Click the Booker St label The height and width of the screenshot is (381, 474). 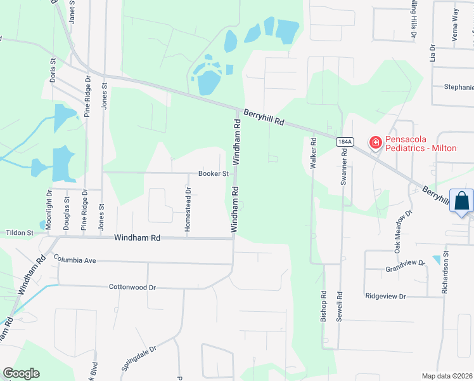(213, 173)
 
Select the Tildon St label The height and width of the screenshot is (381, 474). (20, 233)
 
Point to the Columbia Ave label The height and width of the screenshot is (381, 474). (74, 260)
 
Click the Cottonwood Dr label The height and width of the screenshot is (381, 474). (132, 287)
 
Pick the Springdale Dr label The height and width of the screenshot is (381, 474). (139, 358)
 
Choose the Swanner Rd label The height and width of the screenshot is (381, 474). (344, 167)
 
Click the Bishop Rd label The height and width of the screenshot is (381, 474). (323, 307)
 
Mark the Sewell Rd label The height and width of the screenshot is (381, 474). (340, 307)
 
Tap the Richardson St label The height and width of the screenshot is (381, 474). (445, 272)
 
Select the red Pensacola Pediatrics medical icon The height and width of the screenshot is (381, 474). (375, 142)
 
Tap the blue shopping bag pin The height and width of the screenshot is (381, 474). (462, 201)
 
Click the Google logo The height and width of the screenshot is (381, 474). (21, 373)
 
